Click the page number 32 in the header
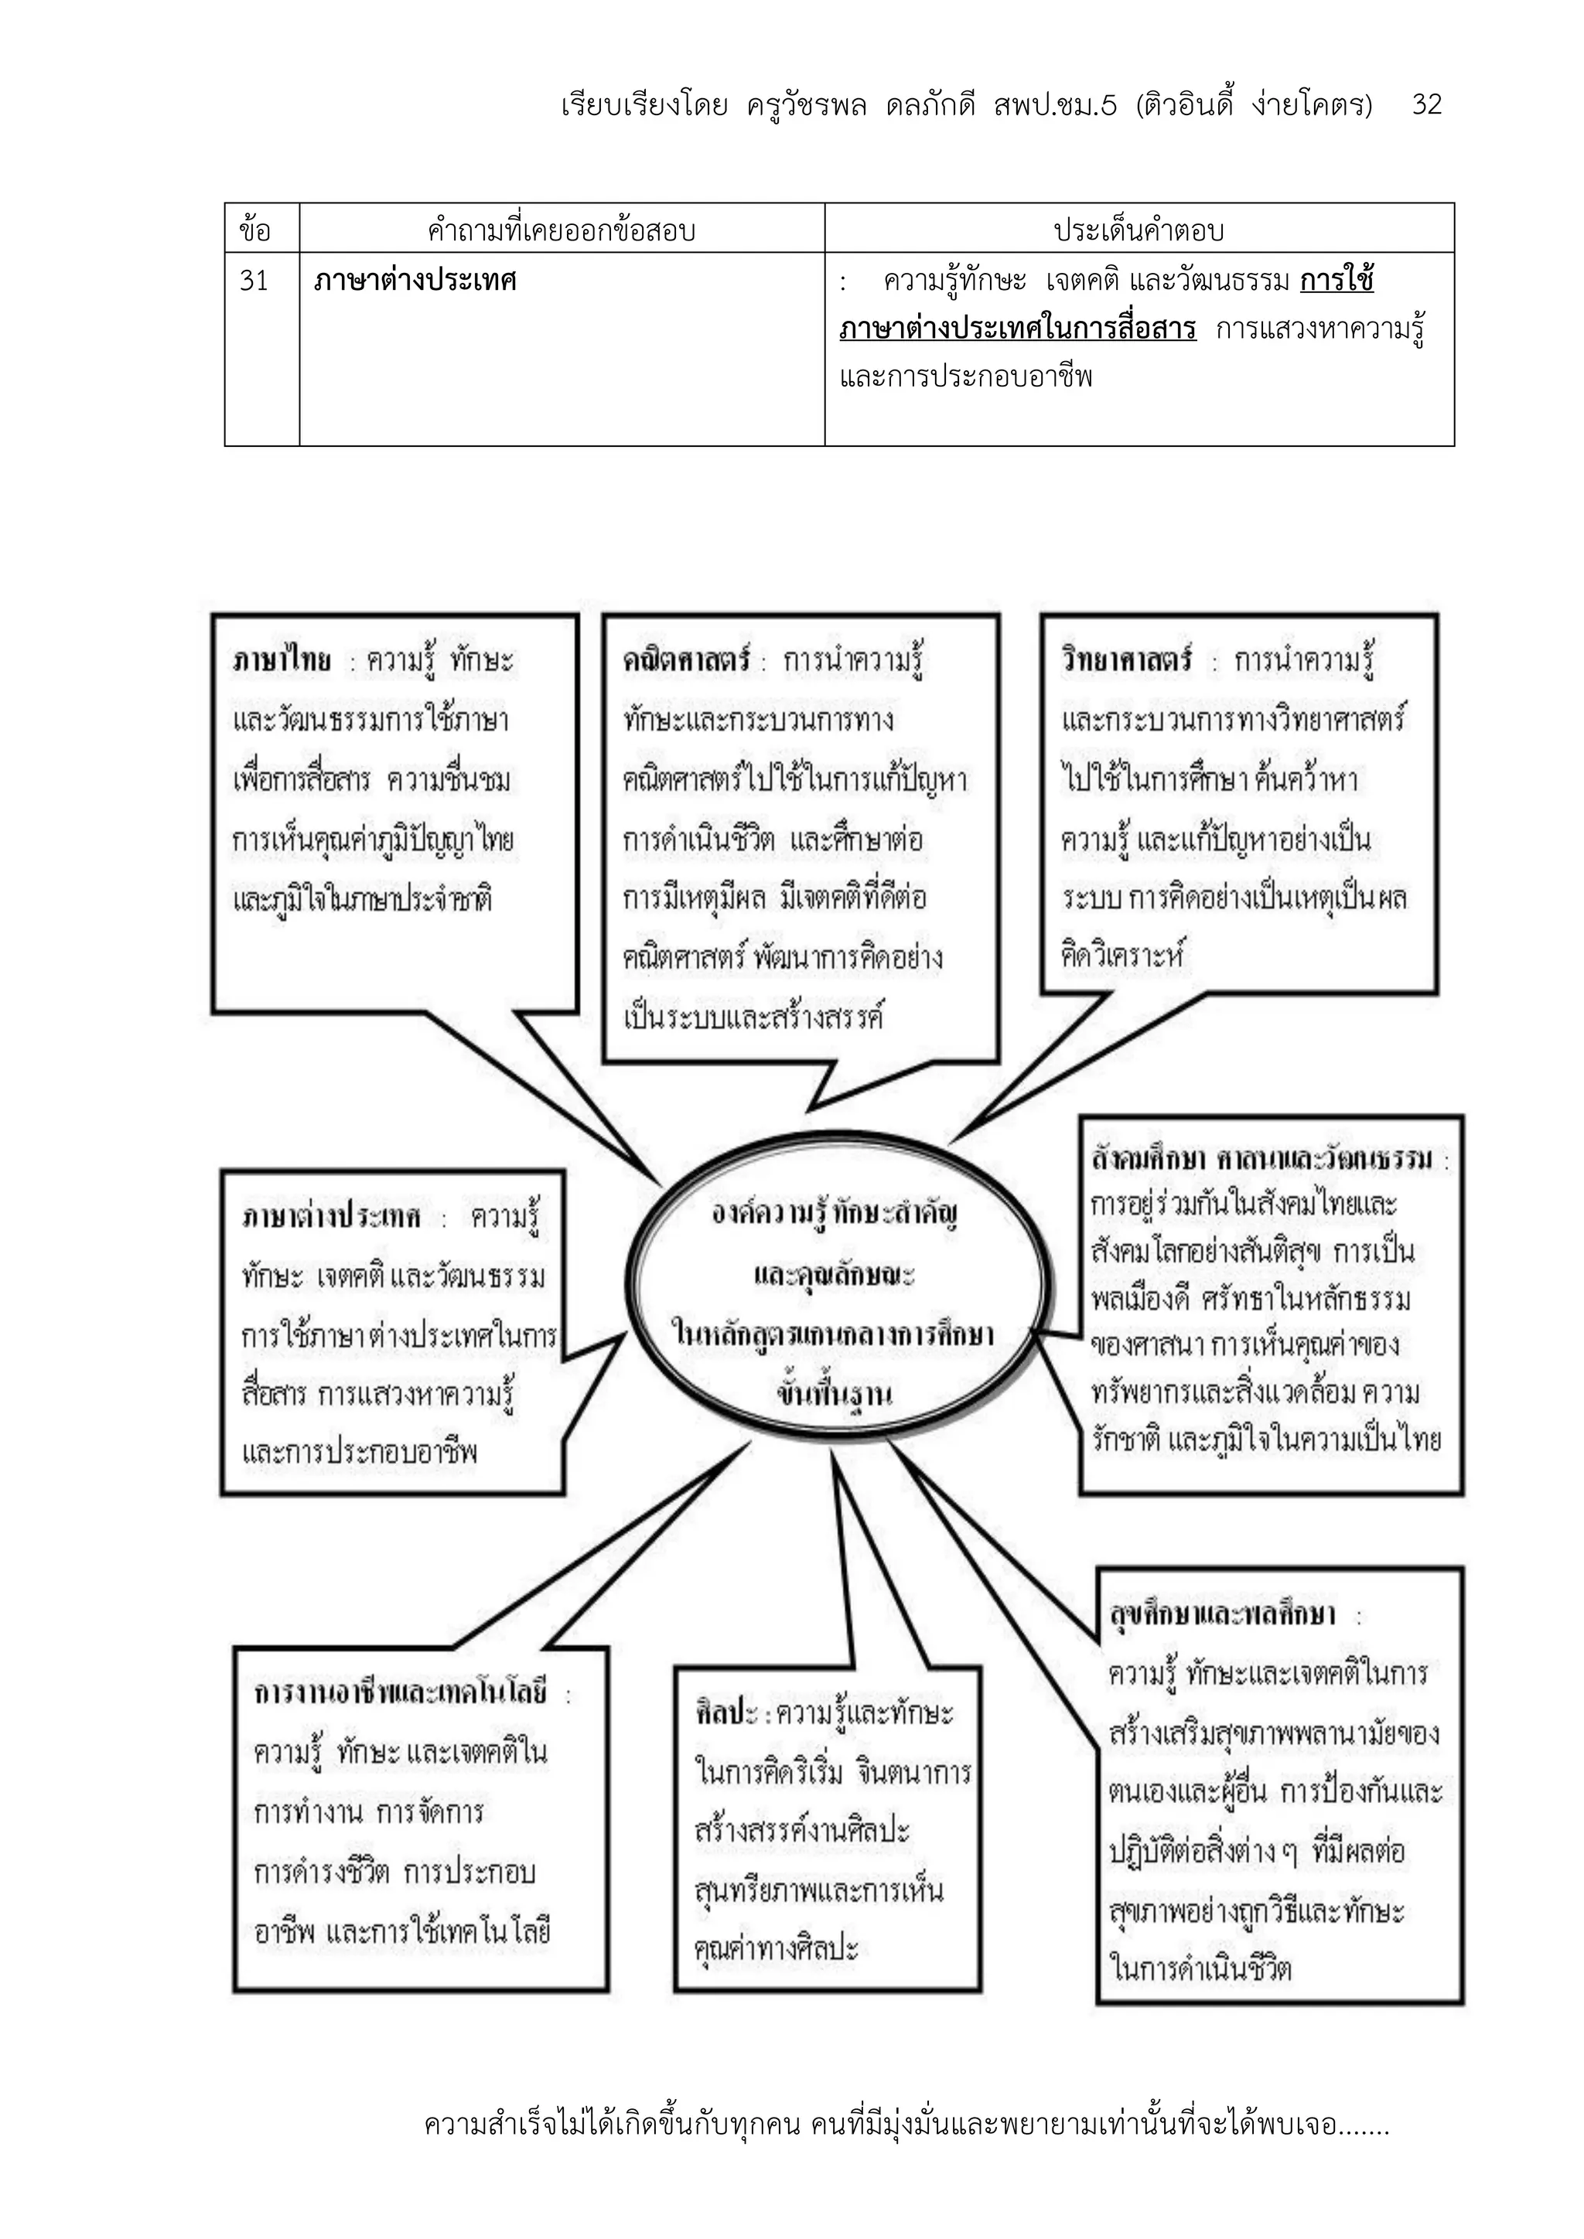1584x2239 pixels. pyautogui.click(x=1426, y=104)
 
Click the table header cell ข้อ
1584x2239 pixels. pyautogui.click(x=254, y=231)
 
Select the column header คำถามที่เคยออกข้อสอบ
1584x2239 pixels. pyautogui.click(x=561, y=231)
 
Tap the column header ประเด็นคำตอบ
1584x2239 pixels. pyautogui.click(x=1138, y=231)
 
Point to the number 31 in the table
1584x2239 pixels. pyautogui.click(x=254, y=281)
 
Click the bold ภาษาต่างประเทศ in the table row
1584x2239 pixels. pyautogui.click(x=415, y=281)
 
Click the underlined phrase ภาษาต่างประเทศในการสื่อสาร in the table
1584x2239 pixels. pyautogui.click(x=1017, y=329)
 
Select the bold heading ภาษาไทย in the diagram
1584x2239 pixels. pyautogui.click(x=282, y=661)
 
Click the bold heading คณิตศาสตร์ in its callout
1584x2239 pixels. pyautogui.click(x=686, y=661)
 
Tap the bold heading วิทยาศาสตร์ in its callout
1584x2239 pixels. pyautogui.click(x=1127, y=661)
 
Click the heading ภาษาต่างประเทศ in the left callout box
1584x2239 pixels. pyautogui.click(x=332, y=1216)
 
